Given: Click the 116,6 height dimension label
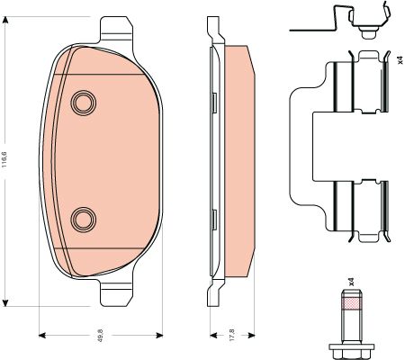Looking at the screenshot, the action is (4, 160).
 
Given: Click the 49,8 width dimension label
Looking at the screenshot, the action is (101, 335).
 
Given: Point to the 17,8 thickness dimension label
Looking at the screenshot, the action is (232, 335).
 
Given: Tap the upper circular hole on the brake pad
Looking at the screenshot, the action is (84, 103).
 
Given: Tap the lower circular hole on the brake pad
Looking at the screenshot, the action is (84, 220).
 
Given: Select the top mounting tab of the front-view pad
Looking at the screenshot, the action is (116, 29).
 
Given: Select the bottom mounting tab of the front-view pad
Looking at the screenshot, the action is (116, 293).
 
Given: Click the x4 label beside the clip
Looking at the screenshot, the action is (400, 59).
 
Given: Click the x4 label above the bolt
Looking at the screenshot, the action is (351, 282).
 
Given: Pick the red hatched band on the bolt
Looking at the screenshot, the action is (351, 304).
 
